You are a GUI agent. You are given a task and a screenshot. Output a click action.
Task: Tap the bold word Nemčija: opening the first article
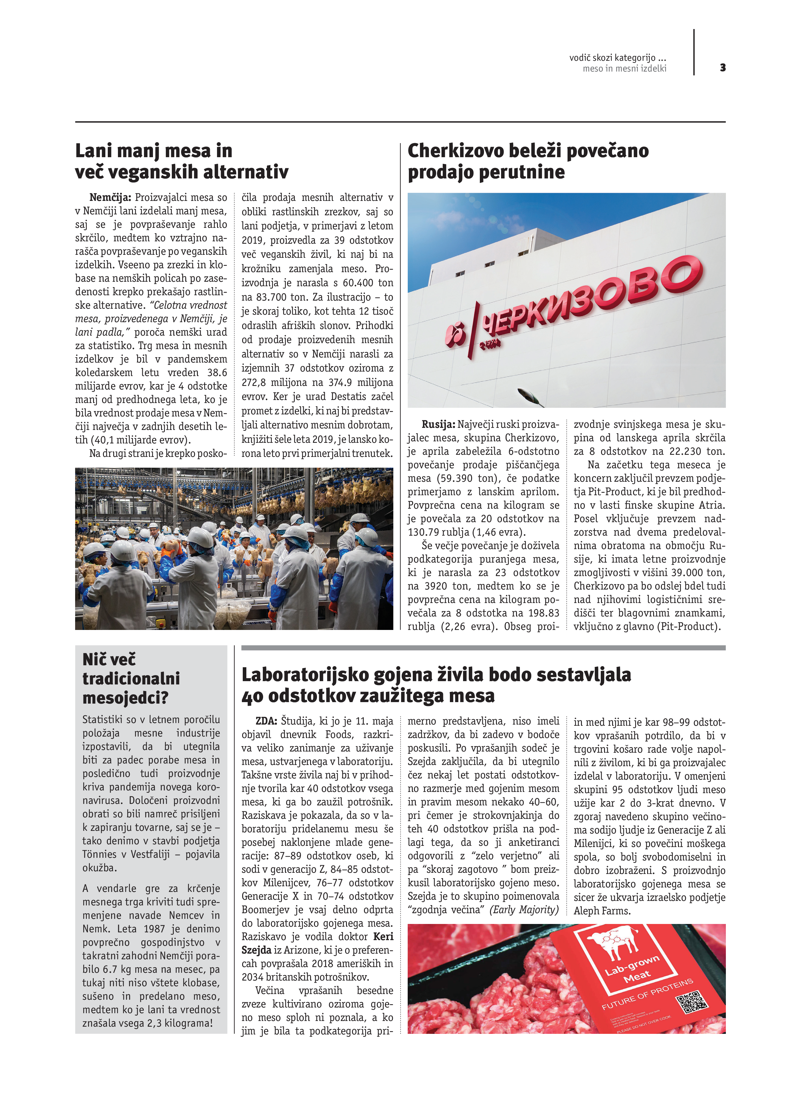(x=110, y=198)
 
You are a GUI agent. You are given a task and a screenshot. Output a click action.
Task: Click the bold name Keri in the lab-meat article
(x=383, y=936)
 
